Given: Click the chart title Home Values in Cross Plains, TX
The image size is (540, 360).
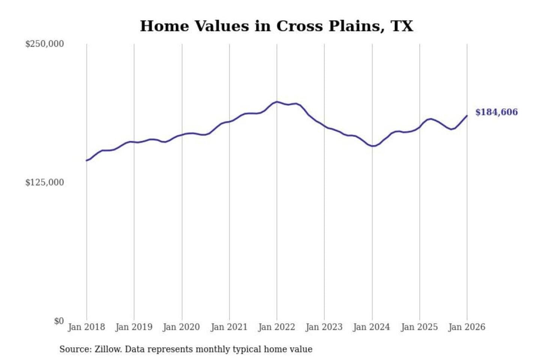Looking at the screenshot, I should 276,26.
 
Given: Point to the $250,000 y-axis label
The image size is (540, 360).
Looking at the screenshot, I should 44,44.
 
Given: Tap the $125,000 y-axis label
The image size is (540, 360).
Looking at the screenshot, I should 44,183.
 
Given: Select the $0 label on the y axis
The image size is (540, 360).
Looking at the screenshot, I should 59,321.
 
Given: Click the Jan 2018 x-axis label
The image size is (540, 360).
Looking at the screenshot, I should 86,327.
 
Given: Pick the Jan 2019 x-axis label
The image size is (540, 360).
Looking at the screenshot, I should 134,327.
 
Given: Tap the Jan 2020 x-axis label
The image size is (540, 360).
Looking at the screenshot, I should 181,327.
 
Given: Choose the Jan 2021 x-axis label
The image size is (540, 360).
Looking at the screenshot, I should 229,327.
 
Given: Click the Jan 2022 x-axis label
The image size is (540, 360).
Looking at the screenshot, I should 277,327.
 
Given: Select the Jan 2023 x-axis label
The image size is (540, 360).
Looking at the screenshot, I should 324,327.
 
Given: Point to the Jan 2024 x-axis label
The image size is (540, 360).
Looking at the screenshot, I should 372,327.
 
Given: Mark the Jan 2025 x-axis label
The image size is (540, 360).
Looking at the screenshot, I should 419,327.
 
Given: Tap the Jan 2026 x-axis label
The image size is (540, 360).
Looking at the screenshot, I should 467,327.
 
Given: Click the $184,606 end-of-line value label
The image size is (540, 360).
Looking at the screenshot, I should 496,112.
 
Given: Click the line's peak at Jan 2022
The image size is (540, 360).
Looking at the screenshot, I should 277,102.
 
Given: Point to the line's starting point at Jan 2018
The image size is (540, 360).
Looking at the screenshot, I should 87,160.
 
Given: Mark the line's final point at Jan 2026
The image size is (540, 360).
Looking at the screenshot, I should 467,115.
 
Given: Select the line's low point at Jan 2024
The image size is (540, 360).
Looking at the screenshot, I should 372,146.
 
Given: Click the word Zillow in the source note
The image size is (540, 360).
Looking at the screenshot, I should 108,349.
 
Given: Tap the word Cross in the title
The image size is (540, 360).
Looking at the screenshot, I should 299,26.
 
